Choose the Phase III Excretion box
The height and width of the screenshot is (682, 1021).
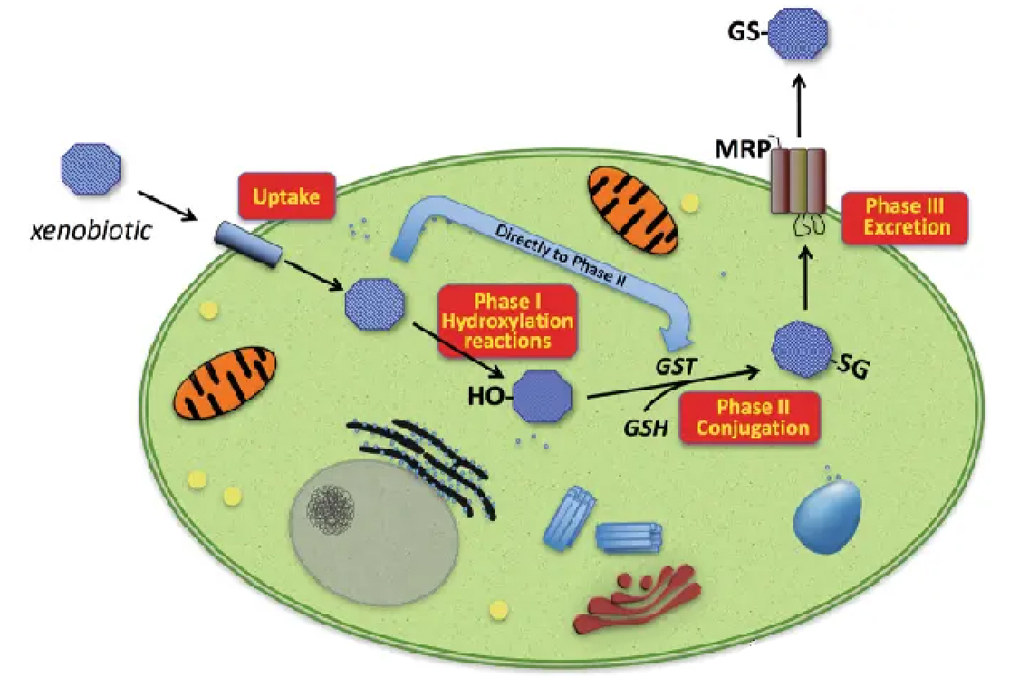904,217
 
